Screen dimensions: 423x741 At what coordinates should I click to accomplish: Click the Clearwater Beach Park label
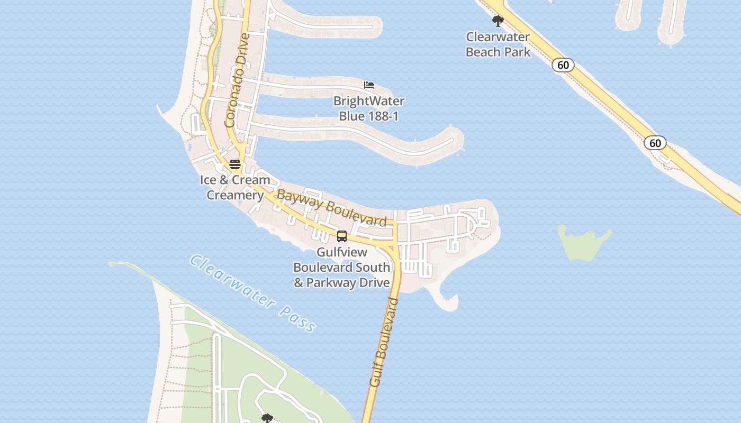(x=498, y=44)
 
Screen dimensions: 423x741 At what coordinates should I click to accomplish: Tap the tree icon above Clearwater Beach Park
(x=498, y=21)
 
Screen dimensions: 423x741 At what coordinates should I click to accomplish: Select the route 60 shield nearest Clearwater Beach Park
(x=563, y=65)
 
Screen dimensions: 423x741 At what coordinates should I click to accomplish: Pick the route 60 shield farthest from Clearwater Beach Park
(x=655, y=143)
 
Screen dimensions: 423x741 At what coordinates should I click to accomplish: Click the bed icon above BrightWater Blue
(x=369, y=85)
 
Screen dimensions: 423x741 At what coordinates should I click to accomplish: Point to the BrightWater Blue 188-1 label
(x=368, y=108)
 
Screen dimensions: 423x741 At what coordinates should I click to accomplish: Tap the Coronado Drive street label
(x=238, y=80)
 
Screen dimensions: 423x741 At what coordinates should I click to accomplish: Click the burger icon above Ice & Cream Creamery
(x=235, y=164)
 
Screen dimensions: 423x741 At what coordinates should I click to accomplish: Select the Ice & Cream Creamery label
(x=235, y=187)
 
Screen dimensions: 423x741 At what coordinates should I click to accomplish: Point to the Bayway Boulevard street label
(x=332, y=208)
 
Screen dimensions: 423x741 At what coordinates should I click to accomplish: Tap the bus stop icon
(x=342, y=236)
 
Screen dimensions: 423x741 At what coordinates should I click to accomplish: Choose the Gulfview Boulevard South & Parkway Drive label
(x=342, y=268)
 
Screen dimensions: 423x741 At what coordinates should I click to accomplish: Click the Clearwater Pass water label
(x=253, y=294)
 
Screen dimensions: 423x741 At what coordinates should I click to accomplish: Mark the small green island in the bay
(x=584, y=242)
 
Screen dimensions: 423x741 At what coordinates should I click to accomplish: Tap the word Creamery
(x=235, y=195)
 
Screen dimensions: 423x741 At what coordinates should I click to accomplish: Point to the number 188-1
(x=380, y=116)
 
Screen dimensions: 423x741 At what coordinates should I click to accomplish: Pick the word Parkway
(x=331, y=283)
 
